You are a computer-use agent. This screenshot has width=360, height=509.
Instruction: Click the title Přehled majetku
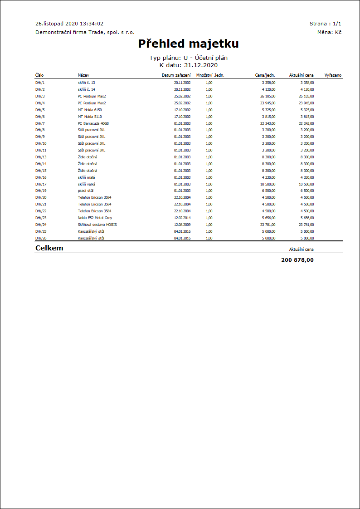point(188,44)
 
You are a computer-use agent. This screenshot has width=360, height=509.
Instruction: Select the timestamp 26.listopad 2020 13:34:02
point(69,24)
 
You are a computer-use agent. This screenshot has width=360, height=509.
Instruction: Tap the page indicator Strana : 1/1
point(325,24)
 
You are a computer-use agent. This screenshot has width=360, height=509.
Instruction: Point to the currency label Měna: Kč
point(329,32)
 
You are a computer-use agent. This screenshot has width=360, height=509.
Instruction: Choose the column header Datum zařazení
point(176,75)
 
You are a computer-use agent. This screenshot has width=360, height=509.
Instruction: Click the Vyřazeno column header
point(333,75)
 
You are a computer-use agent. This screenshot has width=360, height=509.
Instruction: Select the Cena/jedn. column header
point(265,75)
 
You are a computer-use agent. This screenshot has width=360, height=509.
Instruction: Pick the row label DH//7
point(40,123)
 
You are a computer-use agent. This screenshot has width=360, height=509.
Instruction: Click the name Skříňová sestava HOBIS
point(97,225)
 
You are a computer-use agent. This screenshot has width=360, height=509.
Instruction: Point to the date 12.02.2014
point(182,218)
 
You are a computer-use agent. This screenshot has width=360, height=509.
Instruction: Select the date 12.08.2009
point(182,225)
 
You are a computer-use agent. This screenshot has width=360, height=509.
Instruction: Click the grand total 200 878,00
point(297,260)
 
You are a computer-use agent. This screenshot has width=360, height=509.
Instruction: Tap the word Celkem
point(49,248)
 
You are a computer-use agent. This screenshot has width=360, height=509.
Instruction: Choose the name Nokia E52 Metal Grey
point(95,218)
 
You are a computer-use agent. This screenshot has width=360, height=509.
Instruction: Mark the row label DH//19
point(41,191)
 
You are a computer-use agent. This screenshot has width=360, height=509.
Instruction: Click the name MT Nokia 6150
point(90,110)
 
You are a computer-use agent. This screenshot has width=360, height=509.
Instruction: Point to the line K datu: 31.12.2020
point(188,65)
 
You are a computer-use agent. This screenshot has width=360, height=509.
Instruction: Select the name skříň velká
point(87,184)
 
